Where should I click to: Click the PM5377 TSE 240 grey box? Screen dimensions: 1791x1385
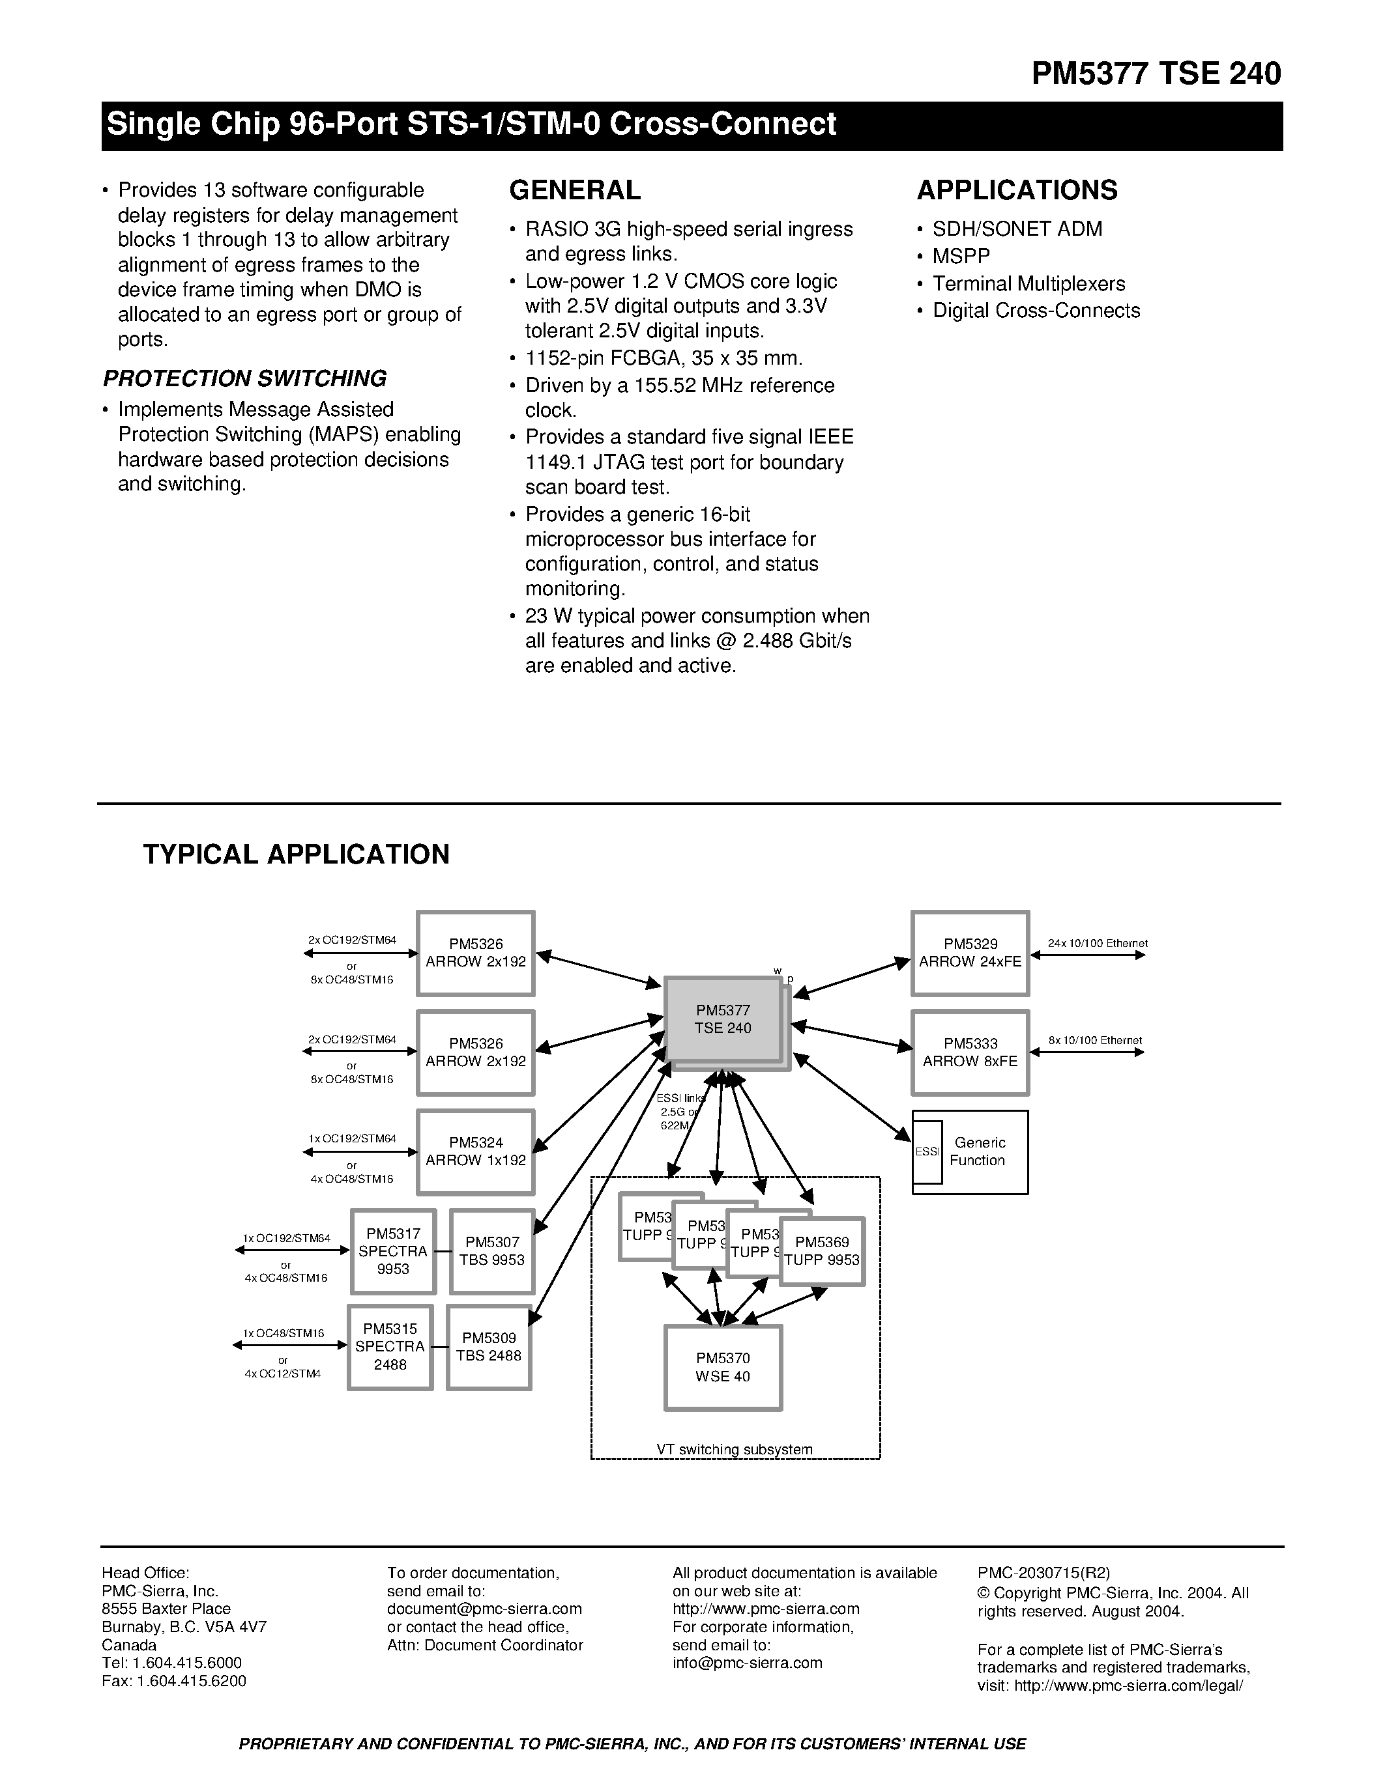click(x=722, y=1019)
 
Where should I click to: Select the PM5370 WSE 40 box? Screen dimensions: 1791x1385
click(x=722, y=1367)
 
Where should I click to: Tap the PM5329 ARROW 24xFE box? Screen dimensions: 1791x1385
click(x=970, y=953)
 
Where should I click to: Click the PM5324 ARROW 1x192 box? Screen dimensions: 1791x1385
click(x=475, y=1151)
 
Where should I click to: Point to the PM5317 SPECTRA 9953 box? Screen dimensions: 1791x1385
click(x=392, y=1250)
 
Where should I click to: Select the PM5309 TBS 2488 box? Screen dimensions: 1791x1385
click(x=489, y=1347)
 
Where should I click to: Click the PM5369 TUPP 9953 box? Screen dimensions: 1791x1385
click(x=821, y=1250)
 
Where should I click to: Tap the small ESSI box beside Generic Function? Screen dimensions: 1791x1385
click(x=927, y=1151)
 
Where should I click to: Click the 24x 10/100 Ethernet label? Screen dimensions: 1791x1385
click(x=1097, y=943)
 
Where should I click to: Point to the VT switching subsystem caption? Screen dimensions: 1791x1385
click(x=735, y=1449)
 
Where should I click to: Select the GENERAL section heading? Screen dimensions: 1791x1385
click(x=574, y=190)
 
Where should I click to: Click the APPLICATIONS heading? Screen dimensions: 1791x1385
click(x=1017, y=190)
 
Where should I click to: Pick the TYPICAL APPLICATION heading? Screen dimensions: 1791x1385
click(x=296, y=854)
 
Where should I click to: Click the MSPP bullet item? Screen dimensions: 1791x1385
click(x=961, y=256)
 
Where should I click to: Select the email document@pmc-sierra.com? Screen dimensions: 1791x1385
click(x=484, y=1608)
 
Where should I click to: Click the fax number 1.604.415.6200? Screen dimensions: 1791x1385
click(x=190, y=1680)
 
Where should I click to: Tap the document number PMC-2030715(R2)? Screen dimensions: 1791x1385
click(x=1043, y=1572)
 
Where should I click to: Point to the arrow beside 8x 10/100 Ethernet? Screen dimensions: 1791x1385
click(x=1086, y=1052)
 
